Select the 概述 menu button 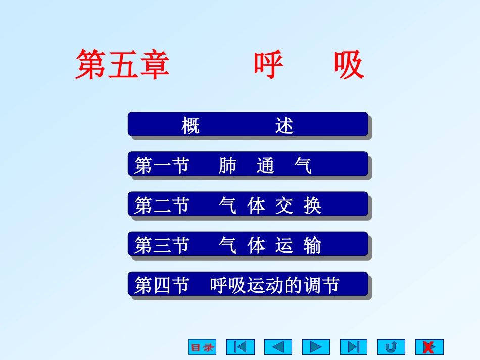coord(248,124)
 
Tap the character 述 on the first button coord(284,125)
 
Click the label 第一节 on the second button coord(162,165)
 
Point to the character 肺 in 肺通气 coord(227,165)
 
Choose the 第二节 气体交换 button coord(248,205)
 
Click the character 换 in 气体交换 coord(313,205)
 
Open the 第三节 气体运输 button coord(248,245)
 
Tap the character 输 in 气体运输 coord(312,246)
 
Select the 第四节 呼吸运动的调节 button coord(248,285)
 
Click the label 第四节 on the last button coord(162,285)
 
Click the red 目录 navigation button coord(202,347)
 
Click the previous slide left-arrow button coord(278,347)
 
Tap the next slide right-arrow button coord(316,347)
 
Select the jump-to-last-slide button coord(354,347)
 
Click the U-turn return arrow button coord(391,347)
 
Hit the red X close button coord(429,347)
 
